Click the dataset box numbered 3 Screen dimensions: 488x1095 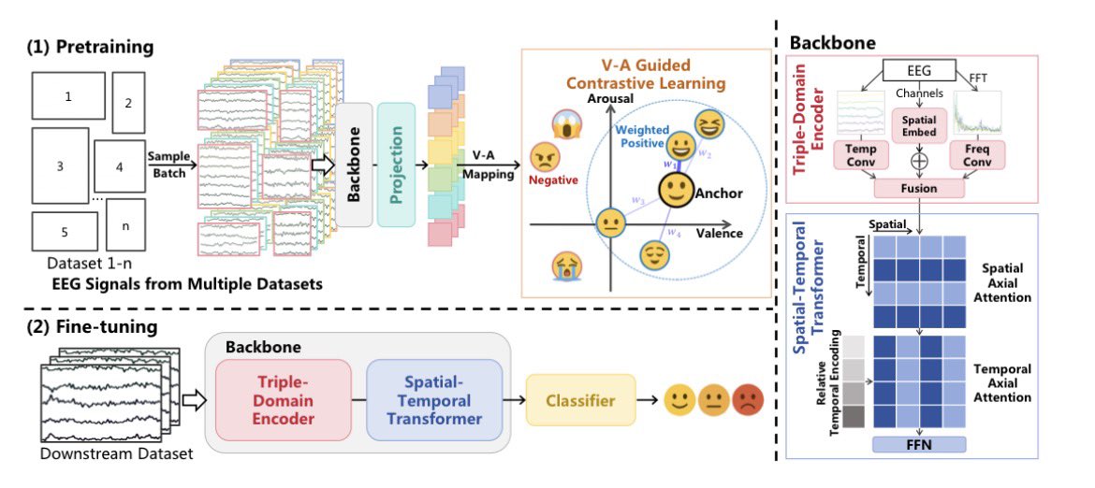(x=61, y=166)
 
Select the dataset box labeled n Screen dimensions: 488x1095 (x=126, y=224)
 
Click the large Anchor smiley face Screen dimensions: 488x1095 (x=674, y=193)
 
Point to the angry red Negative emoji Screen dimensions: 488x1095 (x=543, y=156)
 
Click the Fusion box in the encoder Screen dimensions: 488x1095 (x=918, y=189)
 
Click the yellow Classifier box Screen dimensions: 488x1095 (x=580, y=401)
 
